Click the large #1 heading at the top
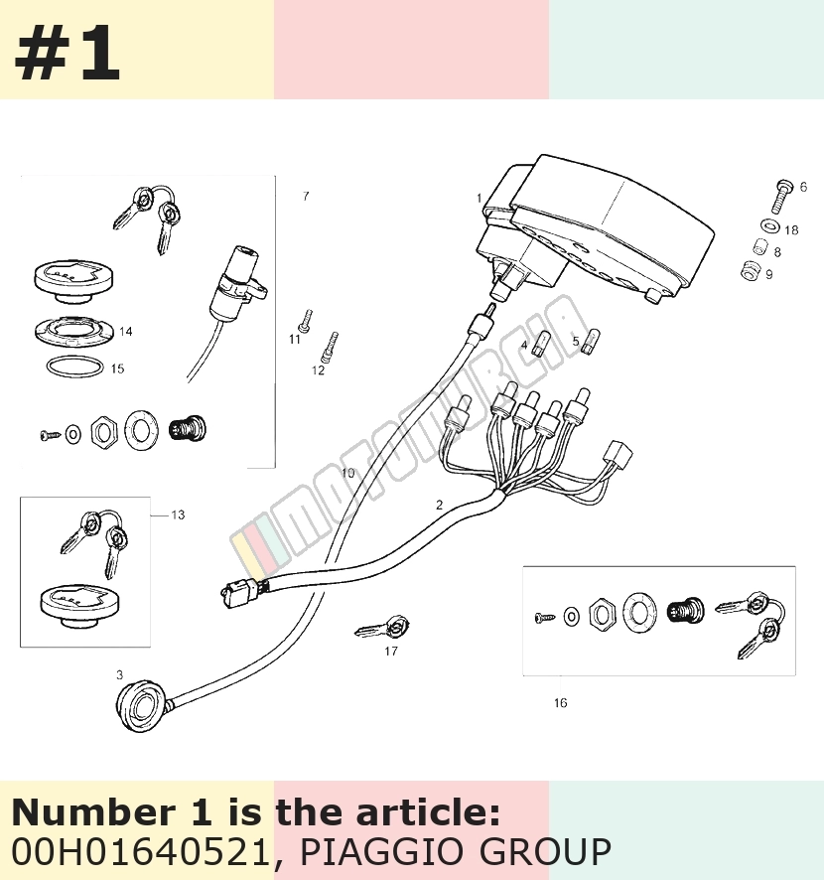coord(67,53)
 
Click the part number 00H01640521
coord(141,851)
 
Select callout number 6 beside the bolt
coord(803,187)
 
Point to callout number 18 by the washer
coord(791,230)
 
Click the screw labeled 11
coord(305,320)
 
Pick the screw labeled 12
coord(330,348)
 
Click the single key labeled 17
coord(382,628)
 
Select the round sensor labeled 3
coord(137,705)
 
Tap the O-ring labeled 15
coord(75,367)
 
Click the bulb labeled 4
coord(542,343)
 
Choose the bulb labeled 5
coord(590,342)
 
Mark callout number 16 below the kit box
coord(560,702)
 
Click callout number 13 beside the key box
coord(178,514)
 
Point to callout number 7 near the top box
coord(306,196)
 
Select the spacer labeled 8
coord(759,247)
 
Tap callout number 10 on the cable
coord(347,473)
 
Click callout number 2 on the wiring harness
coord(439,505)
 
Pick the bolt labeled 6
coord(781,197)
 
